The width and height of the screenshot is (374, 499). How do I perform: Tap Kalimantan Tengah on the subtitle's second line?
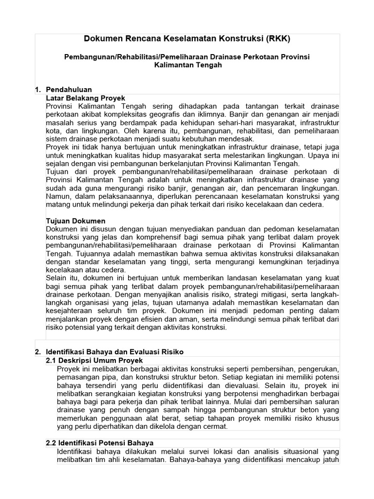coord(187,65)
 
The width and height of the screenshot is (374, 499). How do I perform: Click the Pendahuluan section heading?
coord(69,90)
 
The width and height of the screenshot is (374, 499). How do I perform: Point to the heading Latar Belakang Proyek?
coord(85,98)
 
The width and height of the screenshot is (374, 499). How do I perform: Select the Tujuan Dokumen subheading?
coord(75,221)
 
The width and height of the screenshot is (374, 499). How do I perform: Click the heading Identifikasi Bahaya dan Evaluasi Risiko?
coord(114,351)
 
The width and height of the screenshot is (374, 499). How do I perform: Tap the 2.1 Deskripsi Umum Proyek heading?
coord(94,360)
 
